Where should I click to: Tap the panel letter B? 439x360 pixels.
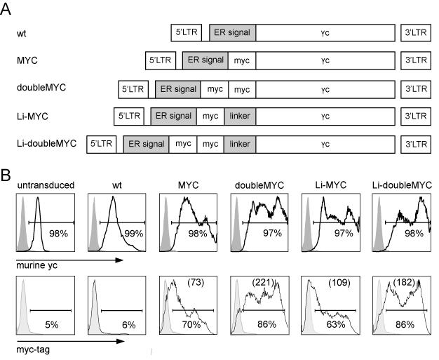tap(6, 175)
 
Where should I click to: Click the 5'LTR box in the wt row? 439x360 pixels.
tap(186, 33)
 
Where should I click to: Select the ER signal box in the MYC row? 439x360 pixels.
tap(205, 60)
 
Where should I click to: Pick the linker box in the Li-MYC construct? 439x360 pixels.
tap(240, 116)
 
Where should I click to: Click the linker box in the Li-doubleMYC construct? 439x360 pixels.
tap(240, 145)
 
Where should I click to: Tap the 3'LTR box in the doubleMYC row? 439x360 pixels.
tap(416, 89)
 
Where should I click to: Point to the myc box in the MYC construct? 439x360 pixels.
tap(242, 60)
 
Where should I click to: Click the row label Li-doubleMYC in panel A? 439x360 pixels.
tap(46, 143)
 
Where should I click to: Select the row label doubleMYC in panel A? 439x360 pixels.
tap(41, 88)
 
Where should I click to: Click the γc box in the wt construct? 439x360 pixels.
tap(325, 33)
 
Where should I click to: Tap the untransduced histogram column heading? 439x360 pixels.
tap(46, 185)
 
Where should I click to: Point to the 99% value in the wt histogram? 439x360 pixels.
tap(134, 234)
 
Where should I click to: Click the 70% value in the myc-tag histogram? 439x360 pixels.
tap(191, 324)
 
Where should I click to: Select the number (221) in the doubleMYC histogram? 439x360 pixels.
tap(263, 282)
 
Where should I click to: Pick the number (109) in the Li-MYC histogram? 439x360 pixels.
tap(339, 282)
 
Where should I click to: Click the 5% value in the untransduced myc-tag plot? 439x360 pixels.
tap(52, 325)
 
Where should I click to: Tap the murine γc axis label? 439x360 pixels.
tap(36, 265)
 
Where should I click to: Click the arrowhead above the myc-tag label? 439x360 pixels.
tap(121, 341)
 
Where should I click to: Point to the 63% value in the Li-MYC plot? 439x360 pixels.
tap(336, 324)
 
